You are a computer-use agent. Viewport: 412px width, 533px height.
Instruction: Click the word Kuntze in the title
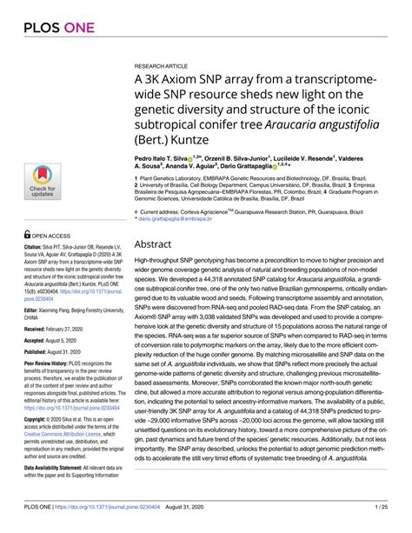pos(193,138)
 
